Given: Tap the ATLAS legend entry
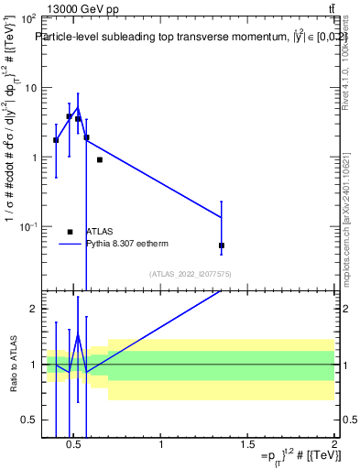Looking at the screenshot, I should pos(99,232).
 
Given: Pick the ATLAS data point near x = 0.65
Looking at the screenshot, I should pos(100,159).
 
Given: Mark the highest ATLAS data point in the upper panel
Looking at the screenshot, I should pos(69,116).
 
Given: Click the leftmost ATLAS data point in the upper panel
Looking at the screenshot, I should pos(56,140).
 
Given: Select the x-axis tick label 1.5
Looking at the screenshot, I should pos(247,444).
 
